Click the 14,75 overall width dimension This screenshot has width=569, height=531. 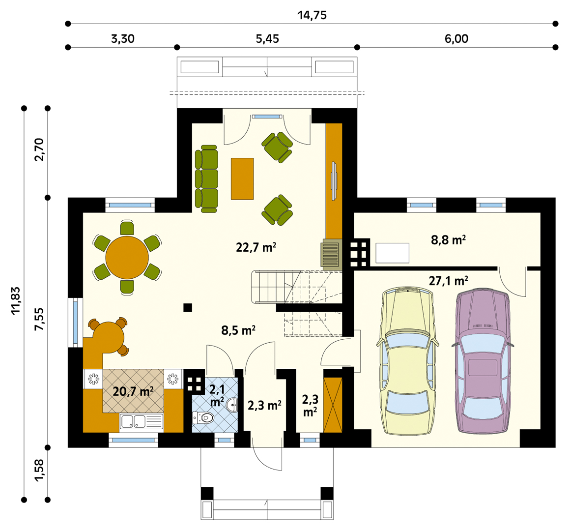[312, 15]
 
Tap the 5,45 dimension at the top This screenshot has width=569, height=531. [267, 38]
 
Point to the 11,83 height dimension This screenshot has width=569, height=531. [16, 301]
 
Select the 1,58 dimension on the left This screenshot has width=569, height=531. [39, 471]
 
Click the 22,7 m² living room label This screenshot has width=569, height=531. [256, 247]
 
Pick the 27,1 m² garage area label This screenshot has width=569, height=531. [449, 281]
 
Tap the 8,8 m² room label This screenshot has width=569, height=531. [449, 240]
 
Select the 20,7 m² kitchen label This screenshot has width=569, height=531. [133, 391]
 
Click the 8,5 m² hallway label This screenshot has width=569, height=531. [238, 330]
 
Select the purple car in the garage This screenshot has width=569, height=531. [483, 361]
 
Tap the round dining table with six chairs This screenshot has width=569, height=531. [127, 258]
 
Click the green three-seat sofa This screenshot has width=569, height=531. [206, 178]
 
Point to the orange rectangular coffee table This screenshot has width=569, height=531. [242, 178]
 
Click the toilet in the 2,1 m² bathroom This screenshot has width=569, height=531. [202, 418]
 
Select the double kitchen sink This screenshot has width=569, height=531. [142, 422]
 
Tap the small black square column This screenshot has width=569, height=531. [188, 308]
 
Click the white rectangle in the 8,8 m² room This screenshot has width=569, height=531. [392, 253]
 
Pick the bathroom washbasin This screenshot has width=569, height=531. [232, 405]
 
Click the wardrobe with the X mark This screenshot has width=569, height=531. [333, 405]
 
